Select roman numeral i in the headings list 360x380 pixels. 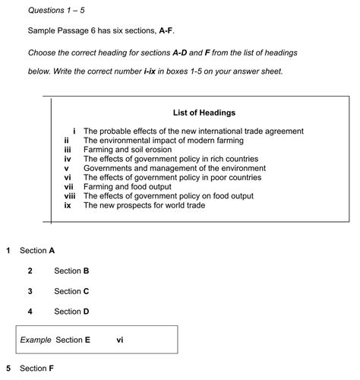pyautogui.click(x=74, y=131)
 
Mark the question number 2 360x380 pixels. pyautogui.click(x=30, y=271)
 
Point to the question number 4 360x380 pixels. pyautogui.click(x=30, y=312)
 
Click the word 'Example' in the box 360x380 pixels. pyautogui.click(x=35, y=340)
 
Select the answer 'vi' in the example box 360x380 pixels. pyautogui.click(x=120, y=340)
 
